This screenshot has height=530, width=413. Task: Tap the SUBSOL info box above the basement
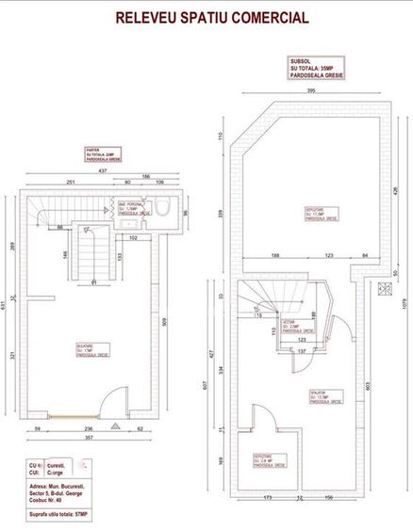[x=315, y=68]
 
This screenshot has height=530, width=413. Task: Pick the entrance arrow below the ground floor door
[x=115, y=426]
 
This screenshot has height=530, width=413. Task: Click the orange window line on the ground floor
[x=75, y=415]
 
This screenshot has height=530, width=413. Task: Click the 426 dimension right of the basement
[x=397, y=191]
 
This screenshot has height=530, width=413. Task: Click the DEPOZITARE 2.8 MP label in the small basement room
[x=266, y=458]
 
